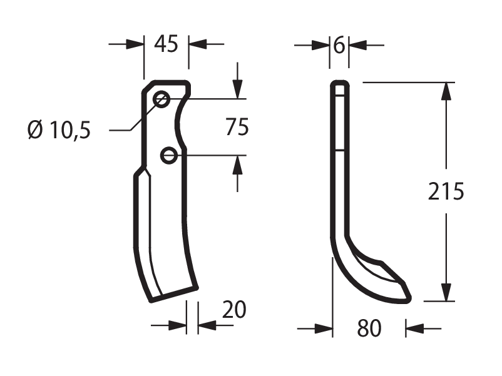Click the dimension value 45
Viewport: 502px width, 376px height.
(166, 44)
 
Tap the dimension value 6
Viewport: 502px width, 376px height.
(339, 46)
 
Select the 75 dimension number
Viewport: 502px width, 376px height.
(237, 127)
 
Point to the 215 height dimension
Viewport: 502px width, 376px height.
(446, 191)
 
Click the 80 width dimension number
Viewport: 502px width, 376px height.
(369, 328)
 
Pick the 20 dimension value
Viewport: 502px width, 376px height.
(234, 310)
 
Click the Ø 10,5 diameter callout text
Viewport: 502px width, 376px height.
(59, 131)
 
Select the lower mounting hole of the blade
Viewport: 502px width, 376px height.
(168, 156)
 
